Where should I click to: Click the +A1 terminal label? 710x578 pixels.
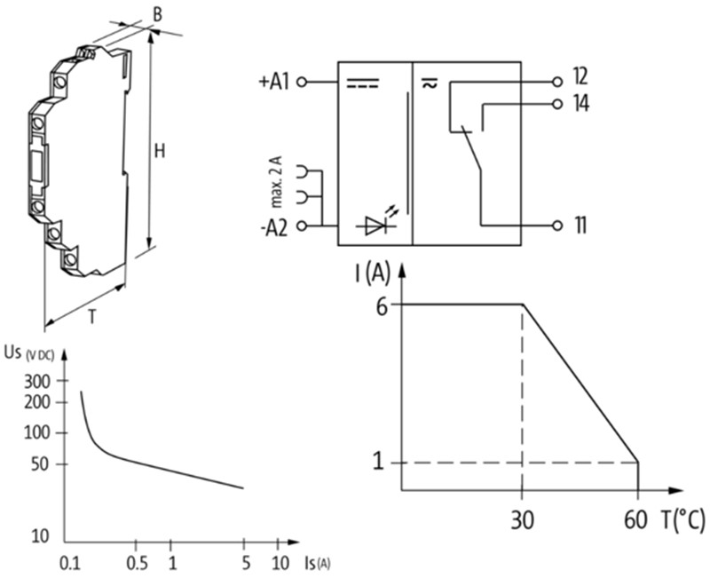tap(274, 82)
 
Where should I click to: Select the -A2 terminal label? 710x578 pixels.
tap(274, 226)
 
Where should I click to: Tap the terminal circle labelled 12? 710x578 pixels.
tap(557, 81)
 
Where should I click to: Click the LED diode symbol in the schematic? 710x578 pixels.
tap(373, 225)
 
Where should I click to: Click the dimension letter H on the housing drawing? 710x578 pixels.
tap(160, 152)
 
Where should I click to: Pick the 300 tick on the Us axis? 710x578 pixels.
tap(43, 381)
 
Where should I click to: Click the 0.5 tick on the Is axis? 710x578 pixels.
tap(135, 562)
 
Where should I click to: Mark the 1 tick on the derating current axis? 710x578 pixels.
tap(379, 463)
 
